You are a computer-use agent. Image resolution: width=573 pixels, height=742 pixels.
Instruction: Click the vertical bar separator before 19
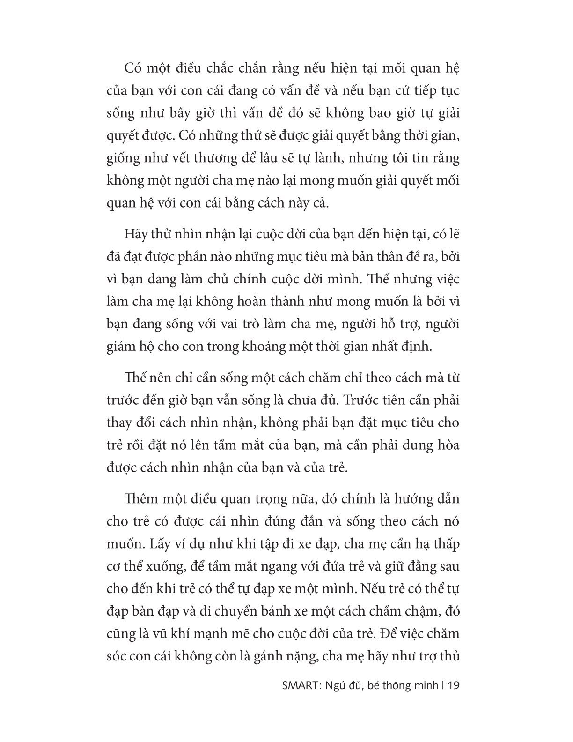click(x=443, y=686)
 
